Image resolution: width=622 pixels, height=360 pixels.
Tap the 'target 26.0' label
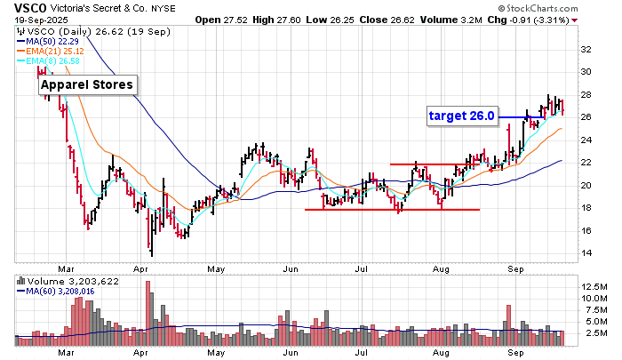[462, 116]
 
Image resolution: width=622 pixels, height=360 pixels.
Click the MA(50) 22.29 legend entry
[52, 41]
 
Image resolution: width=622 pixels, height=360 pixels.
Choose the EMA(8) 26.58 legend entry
[52, 60]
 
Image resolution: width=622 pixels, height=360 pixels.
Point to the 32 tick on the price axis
[587, 50]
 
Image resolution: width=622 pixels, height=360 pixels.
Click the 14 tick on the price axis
[587, 253]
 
